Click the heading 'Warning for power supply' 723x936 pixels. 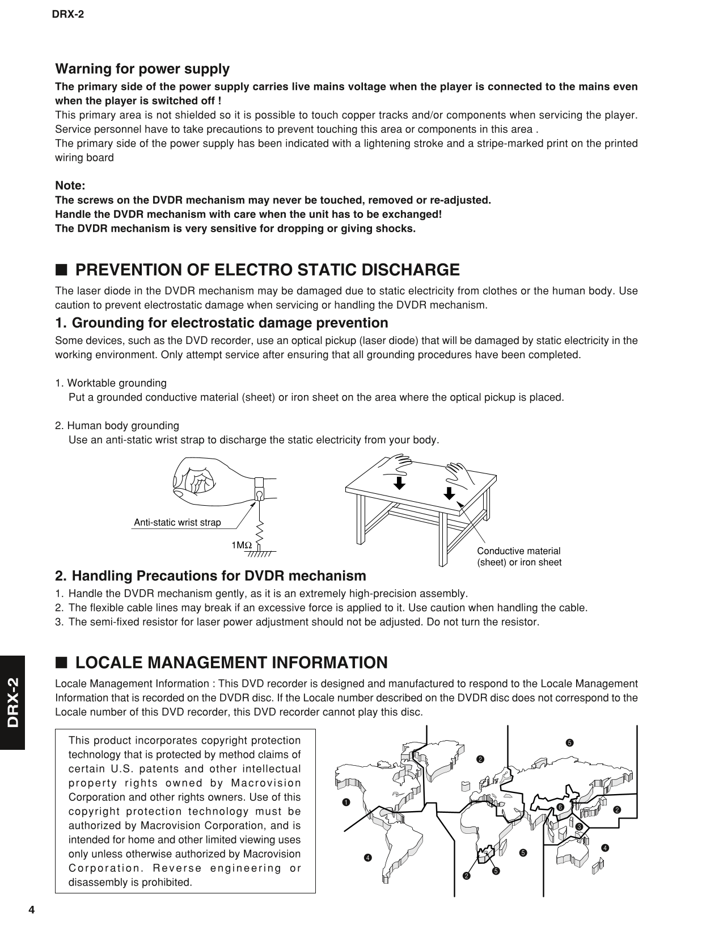pyautogui.click(x=142, y=69)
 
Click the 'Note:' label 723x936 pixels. pyautogui.click(x=70, y=186)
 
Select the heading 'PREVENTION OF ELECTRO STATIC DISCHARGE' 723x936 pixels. pyautogui.click(x=267, y=270)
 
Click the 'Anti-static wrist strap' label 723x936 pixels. pyautogui.click(x=177, y=522)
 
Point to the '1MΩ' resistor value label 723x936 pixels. pyautogui.click(x=241, y=545)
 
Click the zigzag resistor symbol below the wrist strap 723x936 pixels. pyautogui.click(x=260, y=532)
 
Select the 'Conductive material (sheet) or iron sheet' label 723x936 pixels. pyautogui.click(x=519, y=557)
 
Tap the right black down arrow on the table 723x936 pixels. pyautogui.click(x=449, y=492)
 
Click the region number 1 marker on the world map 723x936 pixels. pyautogui.click(x=344, y=802)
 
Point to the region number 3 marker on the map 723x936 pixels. pyautogui.click(x=580, y=826)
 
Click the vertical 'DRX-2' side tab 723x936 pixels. pyautogui.click(x=12, y=702)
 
